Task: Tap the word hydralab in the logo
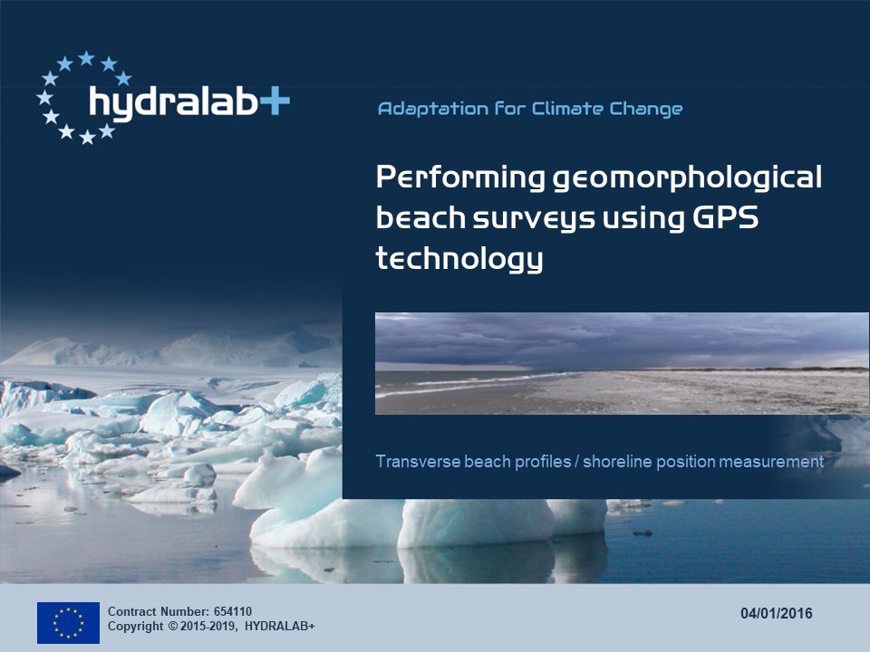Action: click(174, 102)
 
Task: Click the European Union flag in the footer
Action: click(68, 623)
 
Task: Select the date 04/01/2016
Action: click(777, 613)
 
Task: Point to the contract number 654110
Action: click(233, 611)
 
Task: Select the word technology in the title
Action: click(459, 259)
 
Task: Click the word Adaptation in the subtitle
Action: click(433, 109)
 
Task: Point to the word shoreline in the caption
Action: click(617, 461)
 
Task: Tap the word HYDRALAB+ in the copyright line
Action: click(280, 627)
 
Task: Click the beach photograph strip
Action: click(622, 363)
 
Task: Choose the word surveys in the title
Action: click(534, 218)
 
